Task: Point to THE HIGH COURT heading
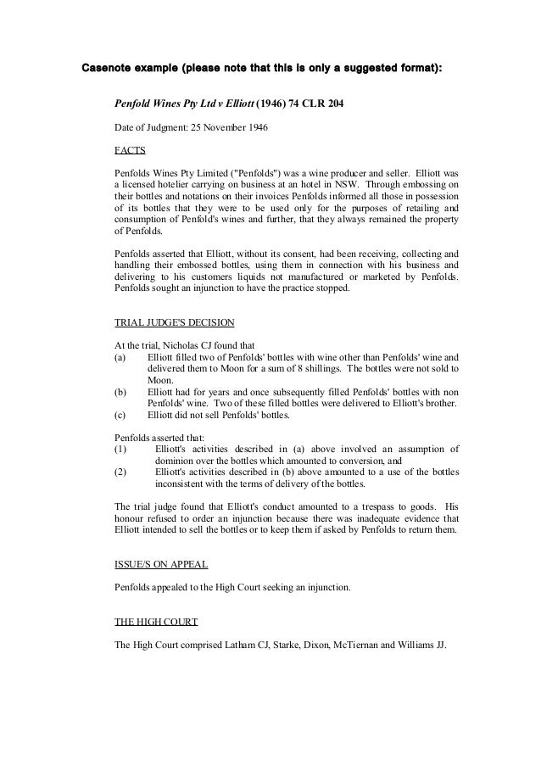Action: [156, 622]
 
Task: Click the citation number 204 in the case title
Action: [331, 105]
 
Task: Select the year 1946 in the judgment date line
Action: [254, 128]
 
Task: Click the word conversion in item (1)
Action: [337, 461]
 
